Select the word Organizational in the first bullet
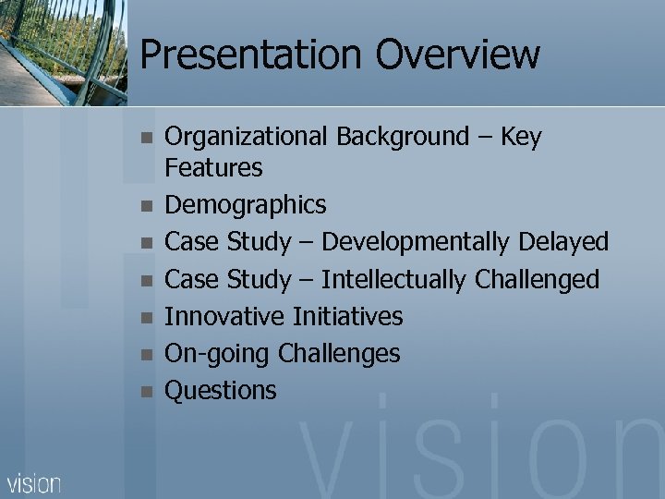(247, 138)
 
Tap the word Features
(213, 168)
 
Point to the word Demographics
(245, 205)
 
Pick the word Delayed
(563, 243)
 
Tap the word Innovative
(224, 317)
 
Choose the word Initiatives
(347, 317)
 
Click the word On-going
(217, 354)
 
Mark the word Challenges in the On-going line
(339, 354)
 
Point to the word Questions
(220, 391)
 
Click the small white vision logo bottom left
(34, 482)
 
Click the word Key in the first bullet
(521, 138)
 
